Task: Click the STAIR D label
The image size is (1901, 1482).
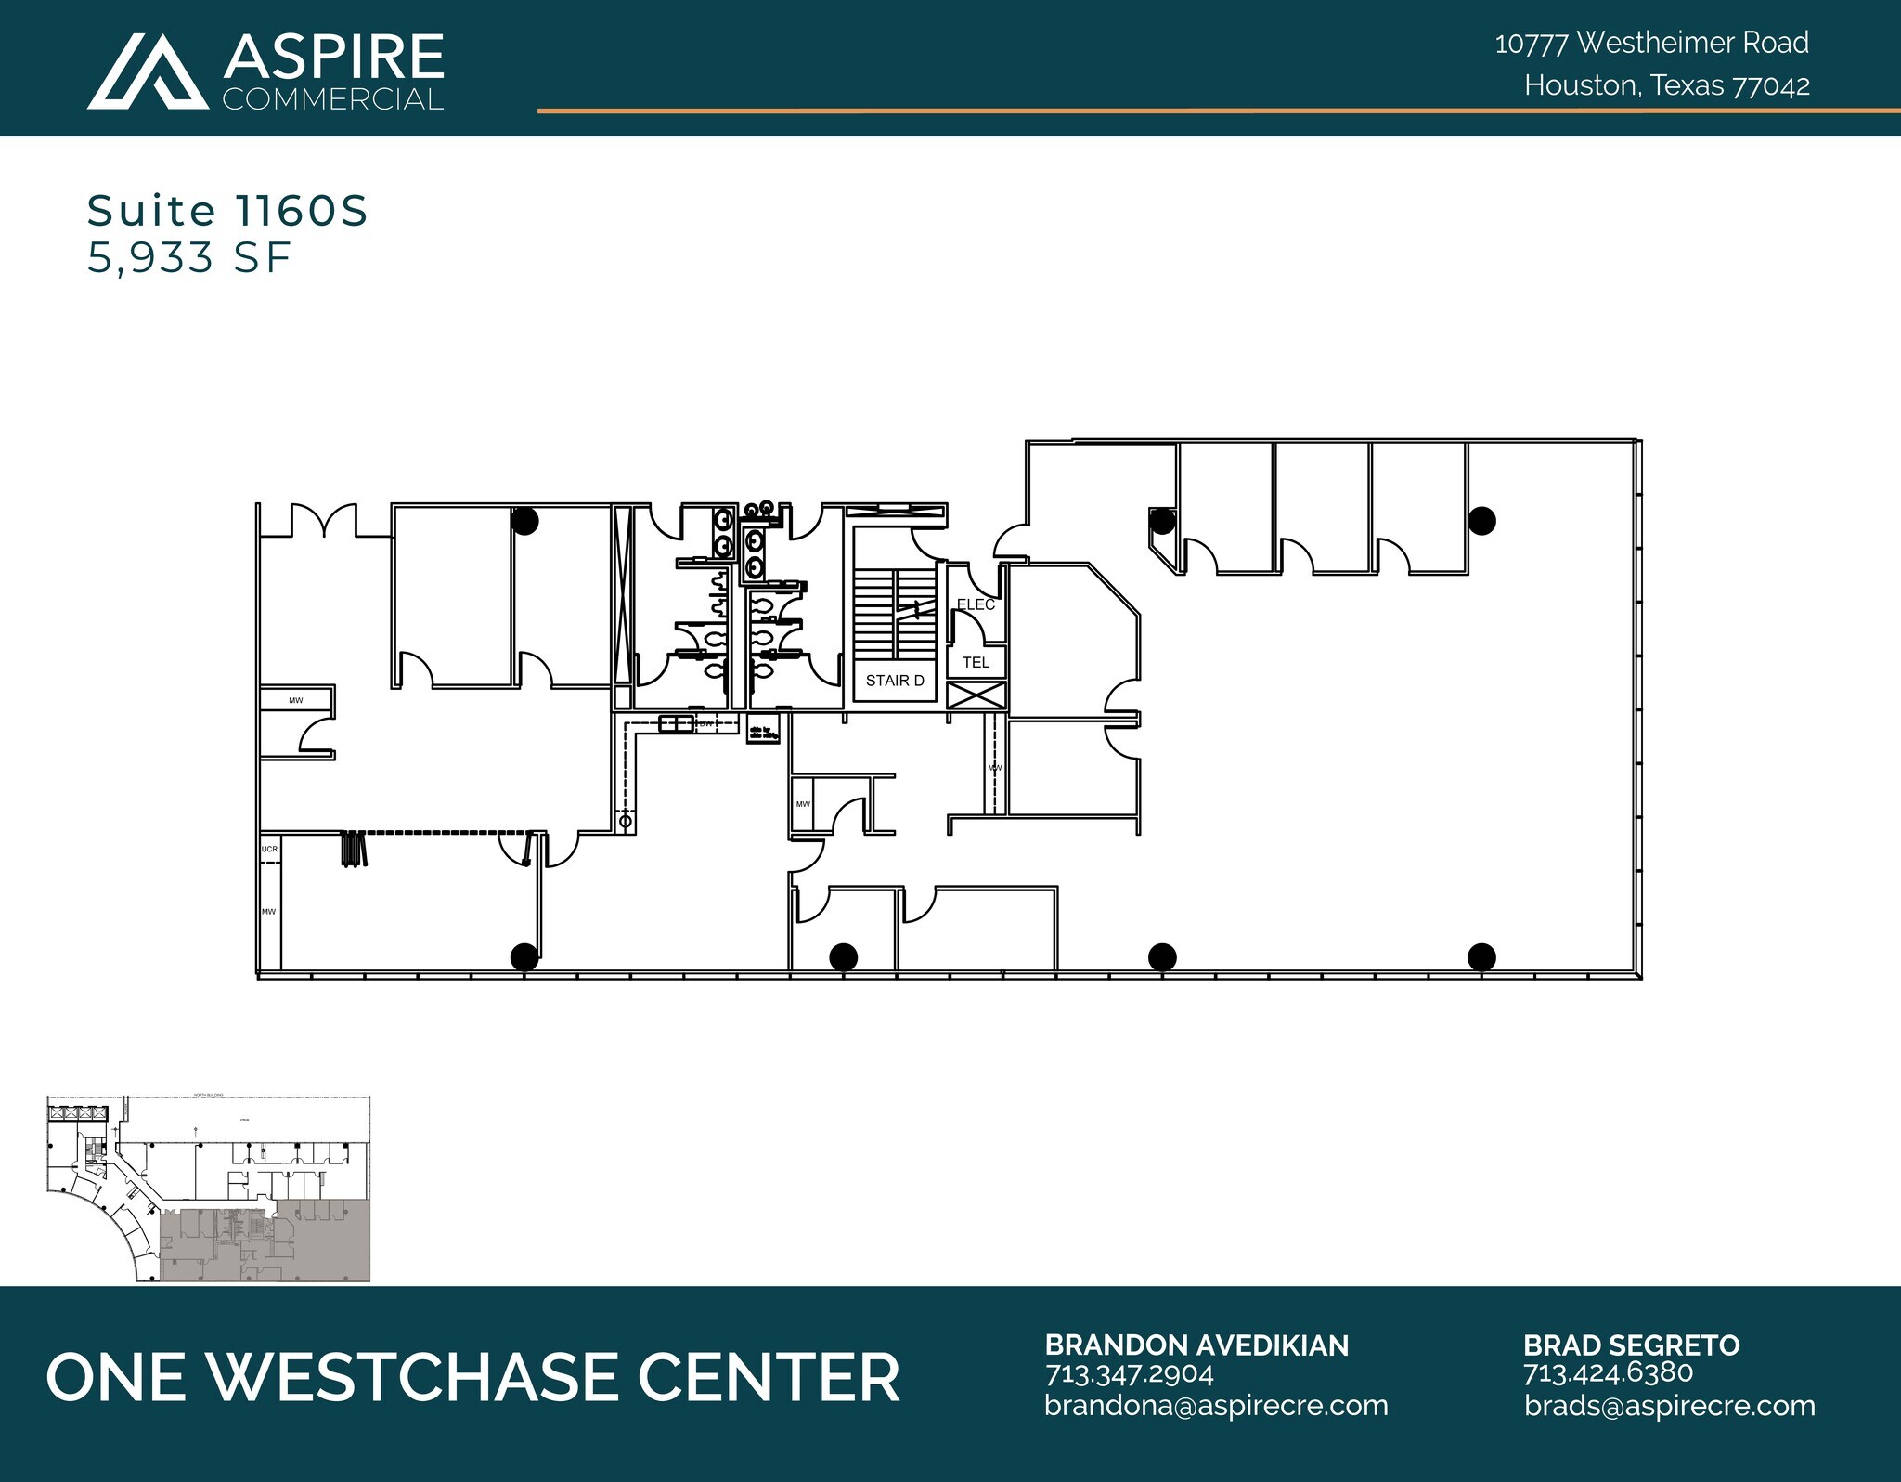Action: [x=895, y=681]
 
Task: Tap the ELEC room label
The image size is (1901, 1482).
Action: [x=976, y=604]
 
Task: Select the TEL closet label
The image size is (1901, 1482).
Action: [x=976, y=662]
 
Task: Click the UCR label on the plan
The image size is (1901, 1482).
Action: [x=269, y=849]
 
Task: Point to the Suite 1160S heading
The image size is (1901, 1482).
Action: [x=227, y=212]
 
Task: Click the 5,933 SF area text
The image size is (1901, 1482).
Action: [x=189, y=258]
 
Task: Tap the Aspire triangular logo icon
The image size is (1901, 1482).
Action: [x=148, y=72]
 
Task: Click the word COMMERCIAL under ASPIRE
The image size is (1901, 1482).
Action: [x=333, y=99]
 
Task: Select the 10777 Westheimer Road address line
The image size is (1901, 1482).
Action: [x=1651, y=43]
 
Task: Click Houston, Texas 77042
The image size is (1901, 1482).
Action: [x=1666, y=85]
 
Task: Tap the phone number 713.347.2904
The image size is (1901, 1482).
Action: [x=1129, y=1373]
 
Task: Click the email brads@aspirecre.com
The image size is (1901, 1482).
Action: [x=1669, y=1406]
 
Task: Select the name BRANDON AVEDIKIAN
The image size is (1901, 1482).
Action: [x=1196, y=1345]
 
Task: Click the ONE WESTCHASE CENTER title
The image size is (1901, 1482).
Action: [x=473, y=1377]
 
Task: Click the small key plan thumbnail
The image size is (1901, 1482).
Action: [x=208, y=1189]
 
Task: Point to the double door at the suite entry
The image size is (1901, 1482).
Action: [x=324, y=522]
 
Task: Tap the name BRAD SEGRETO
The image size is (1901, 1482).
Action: [x=1631, y=1345]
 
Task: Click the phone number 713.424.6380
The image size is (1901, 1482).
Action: [x=1608, y=1372]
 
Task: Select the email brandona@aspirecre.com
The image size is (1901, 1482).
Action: [x=1216, y=1406]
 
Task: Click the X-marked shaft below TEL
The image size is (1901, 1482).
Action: [x=976, y=695]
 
